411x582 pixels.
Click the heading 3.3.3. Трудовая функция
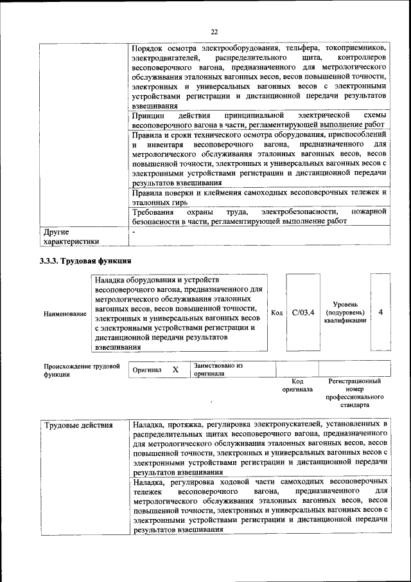86,261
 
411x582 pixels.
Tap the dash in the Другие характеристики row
134,230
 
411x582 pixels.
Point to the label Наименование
65,314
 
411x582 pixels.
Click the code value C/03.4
302,313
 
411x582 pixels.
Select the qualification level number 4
381,312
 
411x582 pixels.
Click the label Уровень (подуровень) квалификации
345,312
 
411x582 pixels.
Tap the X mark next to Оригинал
175,370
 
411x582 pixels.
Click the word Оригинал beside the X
146,371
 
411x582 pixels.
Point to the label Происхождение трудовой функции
82,370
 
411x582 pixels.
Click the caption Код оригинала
297,385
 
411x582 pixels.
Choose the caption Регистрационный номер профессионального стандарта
354,394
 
